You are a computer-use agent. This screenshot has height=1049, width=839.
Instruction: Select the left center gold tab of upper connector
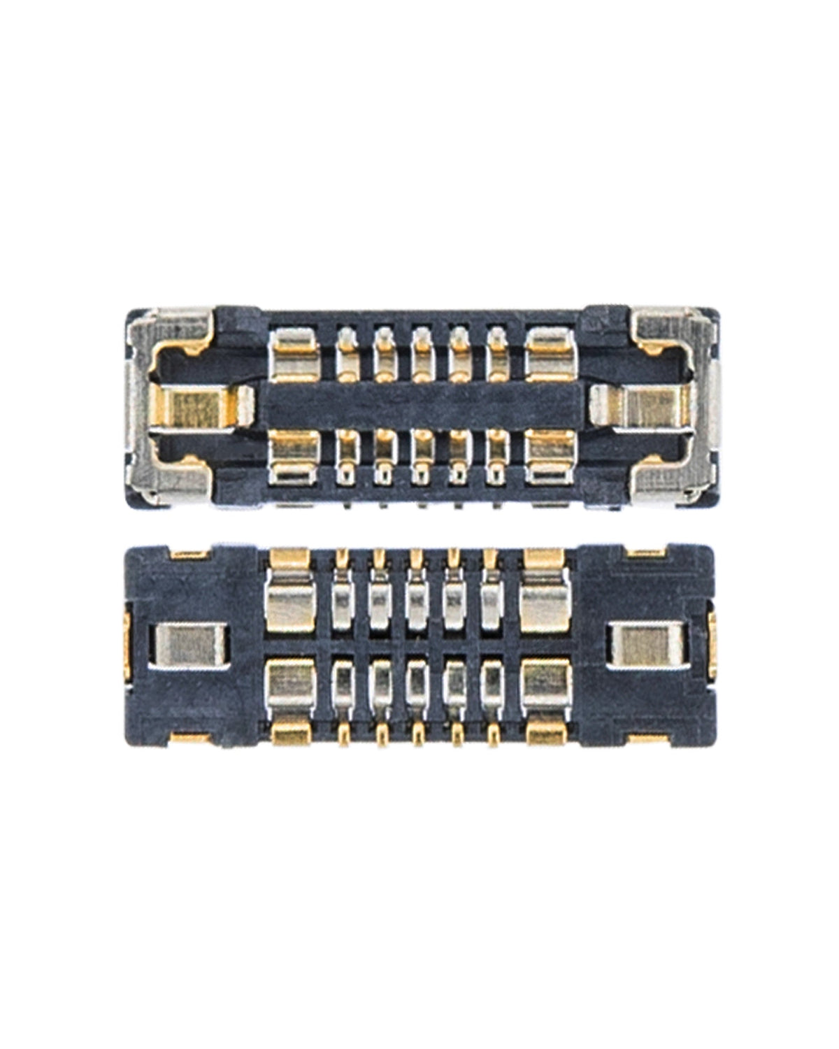click(x=203, y=407)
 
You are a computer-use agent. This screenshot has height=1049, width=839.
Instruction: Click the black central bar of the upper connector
click(x=419, y=406)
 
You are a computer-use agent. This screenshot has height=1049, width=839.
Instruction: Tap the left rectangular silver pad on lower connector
click(x=189, y=644)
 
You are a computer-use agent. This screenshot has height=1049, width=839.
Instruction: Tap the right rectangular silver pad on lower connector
click(x=647, y=644)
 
